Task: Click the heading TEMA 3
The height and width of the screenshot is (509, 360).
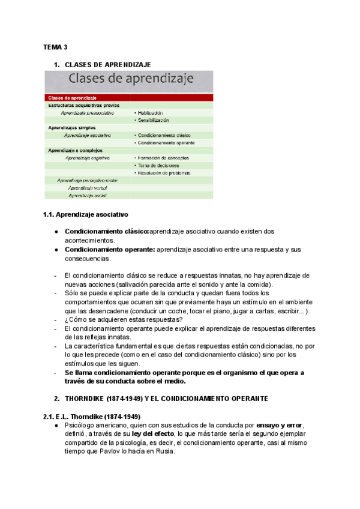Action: (55, 47)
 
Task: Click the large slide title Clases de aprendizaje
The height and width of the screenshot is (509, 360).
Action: (128, 79)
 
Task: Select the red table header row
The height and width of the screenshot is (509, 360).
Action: (128, 97)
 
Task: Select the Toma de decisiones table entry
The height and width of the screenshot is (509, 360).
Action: (159, 165)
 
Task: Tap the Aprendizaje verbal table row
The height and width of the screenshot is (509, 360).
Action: (83, 188)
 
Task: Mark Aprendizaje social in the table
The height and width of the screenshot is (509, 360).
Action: (83, 196)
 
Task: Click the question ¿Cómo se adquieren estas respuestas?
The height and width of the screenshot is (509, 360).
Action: (116, 320)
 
